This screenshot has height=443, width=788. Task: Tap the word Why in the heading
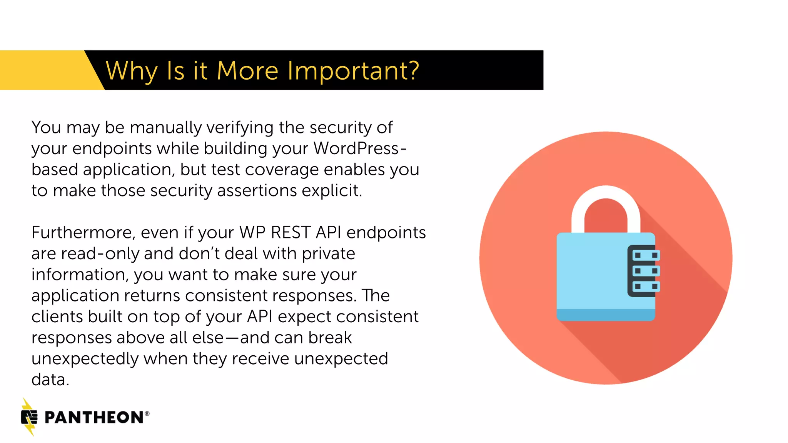[131, 71]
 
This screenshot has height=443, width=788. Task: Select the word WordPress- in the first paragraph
[360, 148]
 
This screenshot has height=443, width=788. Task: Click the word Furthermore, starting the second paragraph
[83, 233]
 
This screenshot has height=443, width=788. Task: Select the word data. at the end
[50, 380]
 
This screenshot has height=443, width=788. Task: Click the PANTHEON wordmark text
[94, 418]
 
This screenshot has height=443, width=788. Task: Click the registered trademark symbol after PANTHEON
[147, 414]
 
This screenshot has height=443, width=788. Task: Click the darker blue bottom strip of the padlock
[606, 315]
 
